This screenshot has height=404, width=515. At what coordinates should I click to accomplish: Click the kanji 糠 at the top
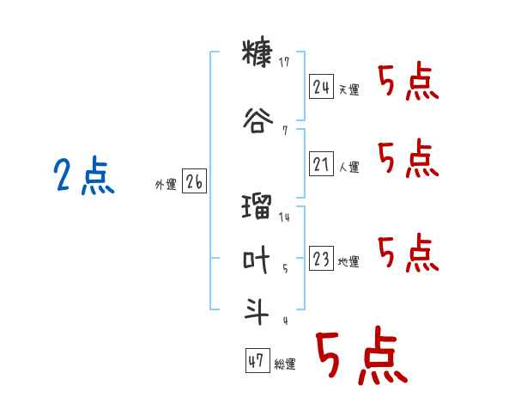tap(257, 53)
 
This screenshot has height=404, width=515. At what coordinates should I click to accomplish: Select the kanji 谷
tap(257, 120)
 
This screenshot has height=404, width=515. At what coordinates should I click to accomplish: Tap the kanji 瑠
tap(257, 206)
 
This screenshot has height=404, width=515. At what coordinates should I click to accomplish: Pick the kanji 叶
tap(257, 260)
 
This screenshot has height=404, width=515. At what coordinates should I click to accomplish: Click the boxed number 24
tap(321, 87)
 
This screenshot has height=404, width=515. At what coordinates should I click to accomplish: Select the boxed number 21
tap(321, 163)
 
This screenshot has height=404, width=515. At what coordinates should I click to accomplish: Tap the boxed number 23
tap(321, 258)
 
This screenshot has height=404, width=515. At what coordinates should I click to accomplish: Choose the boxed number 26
tap(194, 181)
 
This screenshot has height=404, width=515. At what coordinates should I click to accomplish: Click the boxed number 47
tap(257, 360)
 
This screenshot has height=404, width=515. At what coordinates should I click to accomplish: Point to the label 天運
tap(348, 89)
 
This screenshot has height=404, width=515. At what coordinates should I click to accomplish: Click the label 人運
tap(348, 167)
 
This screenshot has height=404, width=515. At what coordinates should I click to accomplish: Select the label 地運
tap(348, 261)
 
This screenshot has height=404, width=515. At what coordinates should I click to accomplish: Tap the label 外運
tap(166, 185)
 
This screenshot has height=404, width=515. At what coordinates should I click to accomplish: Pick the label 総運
tap(285, 364)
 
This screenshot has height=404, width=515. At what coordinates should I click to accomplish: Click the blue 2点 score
tap(84, 175)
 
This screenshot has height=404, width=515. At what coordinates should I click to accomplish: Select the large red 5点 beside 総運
tap(362, 356)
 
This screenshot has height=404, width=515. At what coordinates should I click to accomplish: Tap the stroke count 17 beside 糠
tap(284, 62)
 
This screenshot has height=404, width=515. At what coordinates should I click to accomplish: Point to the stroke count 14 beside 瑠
tap(284, 217)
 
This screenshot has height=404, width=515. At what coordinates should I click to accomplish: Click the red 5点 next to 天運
tap(409, 82)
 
